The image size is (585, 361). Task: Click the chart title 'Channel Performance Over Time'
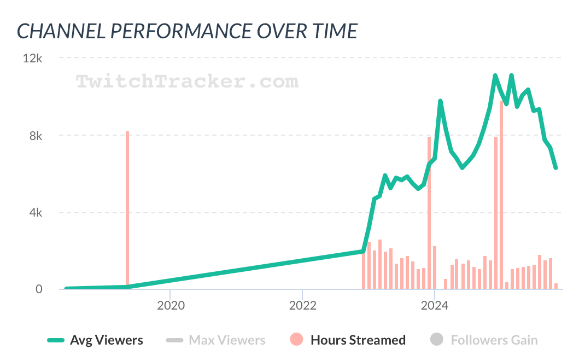click(x=187, y=31)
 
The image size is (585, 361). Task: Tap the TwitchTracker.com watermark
click(x=187, y=82)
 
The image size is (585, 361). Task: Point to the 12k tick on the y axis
click(x=32, y=58)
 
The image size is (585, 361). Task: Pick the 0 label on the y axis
click(x=39, y=289)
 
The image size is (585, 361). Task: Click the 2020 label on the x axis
click(x=171, y=306)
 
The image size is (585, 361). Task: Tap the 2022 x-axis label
click(x=302, y=306)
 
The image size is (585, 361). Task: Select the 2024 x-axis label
click(x=435, y=306)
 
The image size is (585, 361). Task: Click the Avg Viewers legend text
click(x=107, y=340)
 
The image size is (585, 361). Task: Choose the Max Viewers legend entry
click(x=227, y=340)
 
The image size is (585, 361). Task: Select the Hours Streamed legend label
click(x=358, y=340)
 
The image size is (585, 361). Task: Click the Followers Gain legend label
click(x=494, y=340)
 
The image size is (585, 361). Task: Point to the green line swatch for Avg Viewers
click(x=56, y=340)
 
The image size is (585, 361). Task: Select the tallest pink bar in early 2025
click(x=501, y=195)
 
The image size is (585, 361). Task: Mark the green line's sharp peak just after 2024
click(x=440, y=101)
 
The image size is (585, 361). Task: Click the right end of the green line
click(x=555, y=167)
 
